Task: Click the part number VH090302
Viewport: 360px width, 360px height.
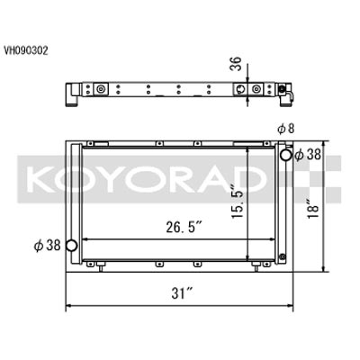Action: (x=26, y=50)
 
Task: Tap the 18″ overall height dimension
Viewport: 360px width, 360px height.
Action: (x=313, y=207)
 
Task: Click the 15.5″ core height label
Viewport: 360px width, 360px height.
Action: (x=238, y=197)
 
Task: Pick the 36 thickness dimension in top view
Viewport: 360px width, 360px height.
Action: (x=236, y=63)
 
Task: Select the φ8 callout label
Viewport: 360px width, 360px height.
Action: (x=286, y=129)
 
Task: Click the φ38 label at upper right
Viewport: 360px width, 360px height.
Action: (x=308, y=155)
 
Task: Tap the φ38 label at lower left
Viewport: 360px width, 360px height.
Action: (x=47, y=246)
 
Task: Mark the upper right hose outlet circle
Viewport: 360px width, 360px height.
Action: (x=286, y=155)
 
